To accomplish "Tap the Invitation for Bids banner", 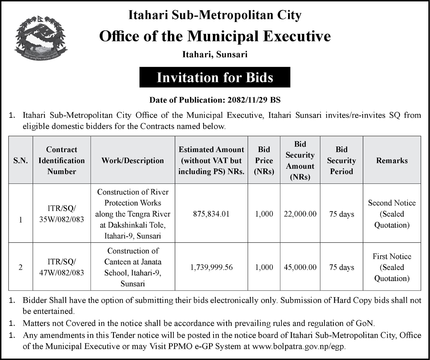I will [x=215, y=77].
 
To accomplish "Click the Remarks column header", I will [x=392, y=160].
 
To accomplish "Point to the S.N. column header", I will [x=21, y=160].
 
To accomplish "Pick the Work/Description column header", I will [x=132, y=160].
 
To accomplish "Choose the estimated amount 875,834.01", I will [x=211, y=214].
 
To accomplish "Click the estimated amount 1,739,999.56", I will [x=211, y=267].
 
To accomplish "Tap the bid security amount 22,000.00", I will [x=300, y=214].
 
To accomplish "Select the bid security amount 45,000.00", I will [x=300, y=267].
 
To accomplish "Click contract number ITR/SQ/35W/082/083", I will [x=62, y=214].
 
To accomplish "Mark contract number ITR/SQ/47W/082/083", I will [x=62, y=267].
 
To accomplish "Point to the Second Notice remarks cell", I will [x=392, y=214].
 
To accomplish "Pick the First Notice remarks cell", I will [x=392, y=267].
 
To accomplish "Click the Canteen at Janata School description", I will [x=132, y=267].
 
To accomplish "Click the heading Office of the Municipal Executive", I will [x=215, y=36].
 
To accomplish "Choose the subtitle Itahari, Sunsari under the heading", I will [x=215, y=55].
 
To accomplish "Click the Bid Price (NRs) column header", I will [x=264, y=160].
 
